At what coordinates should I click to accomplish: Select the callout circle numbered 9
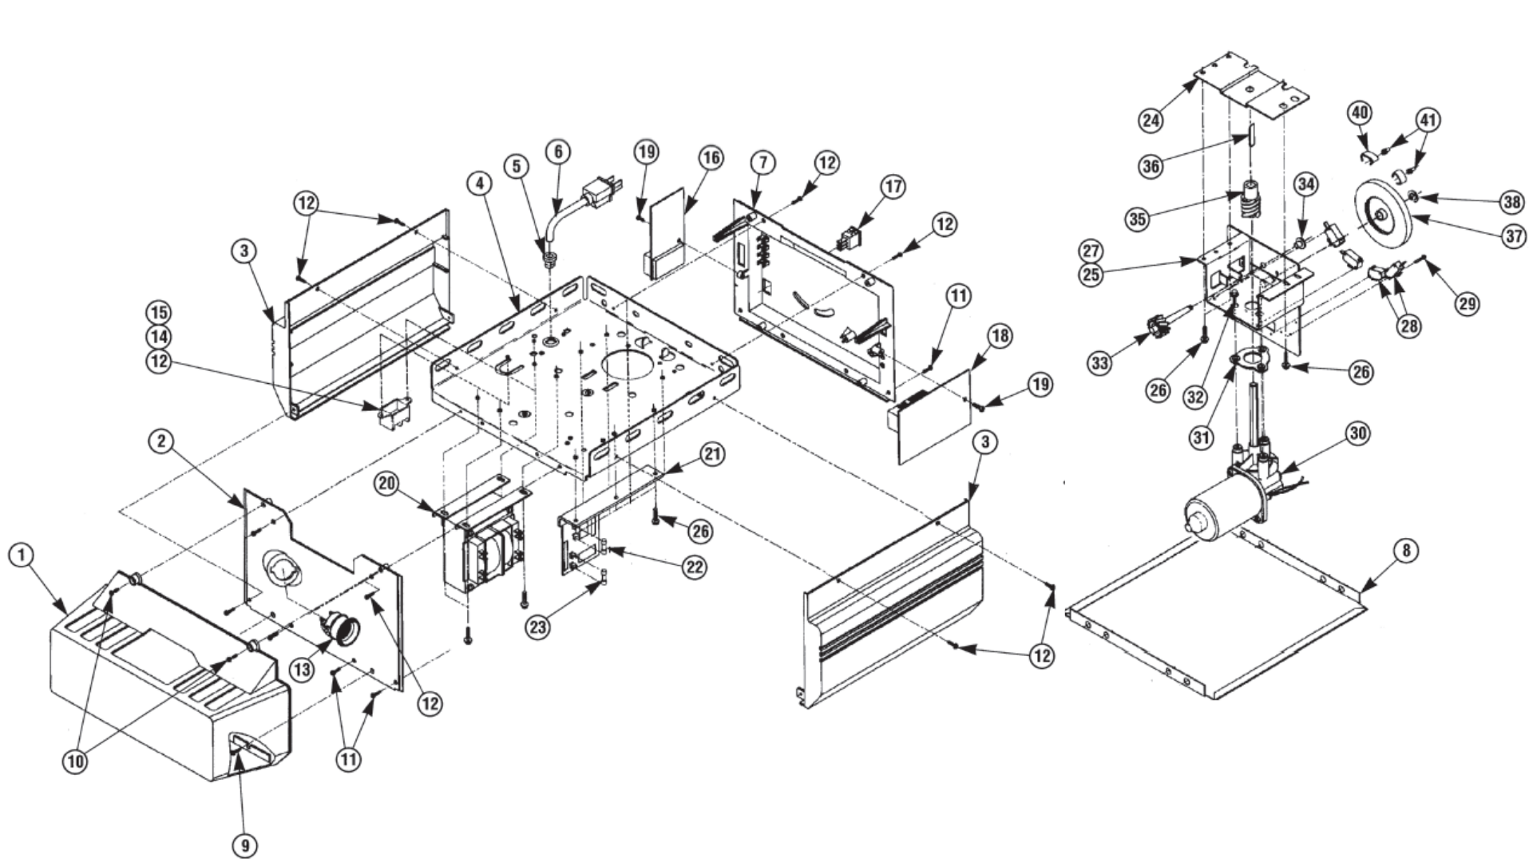pyautogui.click(x=246, y=844)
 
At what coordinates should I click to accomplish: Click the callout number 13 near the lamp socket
pyautogui.click(x=302, y=670)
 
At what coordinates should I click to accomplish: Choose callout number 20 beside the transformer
pyautogui.click(x=387, y=484)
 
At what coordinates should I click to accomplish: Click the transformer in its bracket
pyautogui.click(x=488, y=551)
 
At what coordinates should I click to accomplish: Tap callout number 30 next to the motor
pyautogui.click(x=1357, y=433)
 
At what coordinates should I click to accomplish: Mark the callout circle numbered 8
pyautogui.click(x=1405, y=551)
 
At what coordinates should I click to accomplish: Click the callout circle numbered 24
pyautogui.click(x=1151, y=120)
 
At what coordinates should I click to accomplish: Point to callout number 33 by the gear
pyautogui.click(x=1099, y=363)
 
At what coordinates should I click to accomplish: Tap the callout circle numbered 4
pyautogui.click(x=479, y=183)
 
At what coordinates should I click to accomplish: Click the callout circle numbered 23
pyautogui.click(x=537, y=627)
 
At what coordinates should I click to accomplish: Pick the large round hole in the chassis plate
pyautogui.click(x=631, y=365)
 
